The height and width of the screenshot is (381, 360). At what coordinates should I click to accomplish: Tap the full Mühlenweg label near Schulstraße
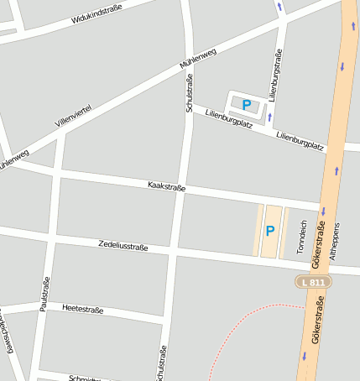(x=198, y=58)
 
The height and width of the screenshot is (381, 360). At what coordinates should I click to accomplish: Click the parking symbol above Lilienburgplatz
(x=247, y=105)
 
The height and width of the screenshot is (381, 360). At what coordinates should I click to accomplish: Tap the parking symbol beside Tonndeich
(x=270, y=231)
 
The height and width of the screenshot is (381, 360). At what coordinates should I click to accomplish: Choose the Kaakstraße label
(x=166, y=185)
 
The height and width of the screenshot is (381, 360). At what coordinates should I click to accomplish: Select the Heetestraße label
(x=82, y=310)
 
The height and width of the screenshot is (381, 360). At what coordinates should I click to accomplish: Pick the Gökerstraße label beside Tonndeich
(x=318, y=247)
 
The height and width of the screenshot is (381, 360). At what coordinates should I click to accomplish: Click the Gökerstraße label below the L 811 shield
(x=316, y=329)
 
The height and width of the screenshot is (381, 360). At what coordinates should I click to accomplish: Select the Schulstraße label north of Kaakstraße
(x=190, y=92)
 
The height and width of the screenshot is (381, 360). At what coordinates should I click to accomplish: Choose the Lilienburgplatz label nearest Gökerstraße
(x=300, y=140)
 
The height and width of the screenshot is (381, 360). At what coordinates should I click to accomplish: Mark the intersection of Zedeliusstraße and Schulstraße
(x=174, y=252)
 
